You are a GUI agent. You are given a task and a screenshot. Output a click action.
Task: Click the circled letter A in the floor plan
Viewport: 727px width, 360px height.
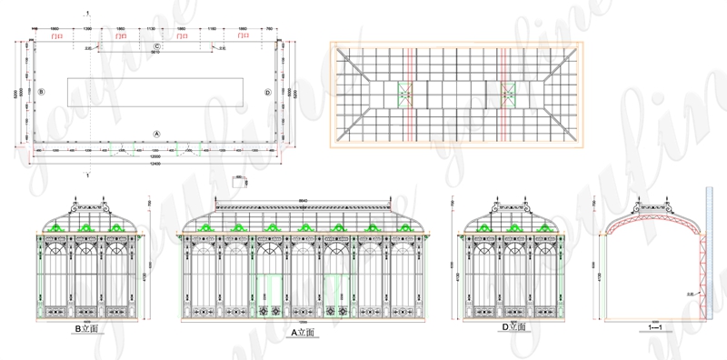point(156,133)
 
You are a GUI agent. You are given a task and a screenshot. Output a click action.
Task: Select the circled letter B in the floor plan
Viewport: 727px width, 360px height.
point(42,91)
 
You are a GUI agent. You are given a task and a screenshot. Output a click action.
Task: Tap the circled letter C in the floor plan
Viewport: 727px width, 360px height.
point(156,45)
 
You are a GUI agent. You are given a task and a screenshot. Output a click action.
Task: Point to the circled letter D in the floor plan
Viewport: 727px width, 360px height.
point(267,92)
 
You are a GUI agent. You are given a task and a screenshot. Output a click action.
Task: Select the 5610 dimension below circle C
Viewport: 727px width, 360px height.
point(155,53)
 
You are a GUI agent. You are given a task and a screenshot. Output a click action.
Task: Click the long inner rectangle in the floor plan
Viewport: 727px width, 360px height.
point(155,91)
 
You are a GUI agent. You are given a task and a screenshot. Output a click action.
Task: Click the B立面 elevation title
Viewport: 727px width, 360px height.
point(86,333)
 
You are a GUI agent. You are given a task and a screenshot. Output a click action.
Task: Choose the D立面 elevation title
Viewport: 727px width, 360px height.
point(513,326)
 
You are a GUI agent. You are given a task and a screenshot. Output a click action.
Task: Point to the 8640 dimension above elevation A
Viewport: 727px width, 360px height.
point(304,199)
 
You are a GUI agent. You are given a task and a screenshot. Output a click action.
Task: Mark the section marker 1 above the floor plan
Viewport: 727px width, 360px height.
point(87,12)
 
